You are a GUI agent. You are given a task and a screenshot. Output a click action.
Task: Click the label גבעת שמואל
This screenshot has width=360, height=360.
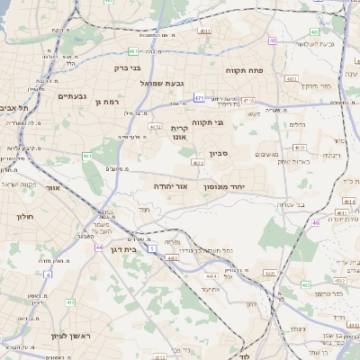coord(162,83)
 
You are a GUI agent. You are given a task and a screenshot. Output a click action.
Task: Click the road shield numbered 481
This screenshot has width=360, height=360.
coord(133,50)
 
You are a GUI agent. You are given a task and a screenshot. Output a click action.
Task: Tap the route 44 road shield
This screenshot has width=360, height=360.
coord(98,246)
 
